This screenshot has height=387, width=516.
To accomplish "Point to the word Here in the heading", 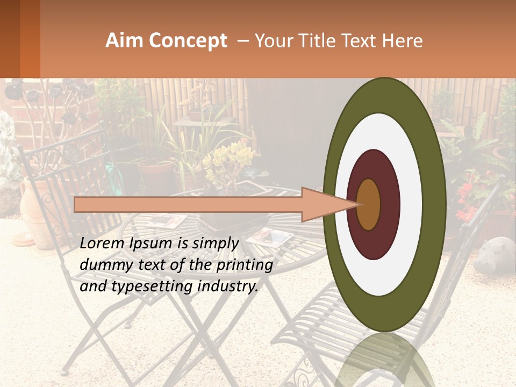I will point(402,41).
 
